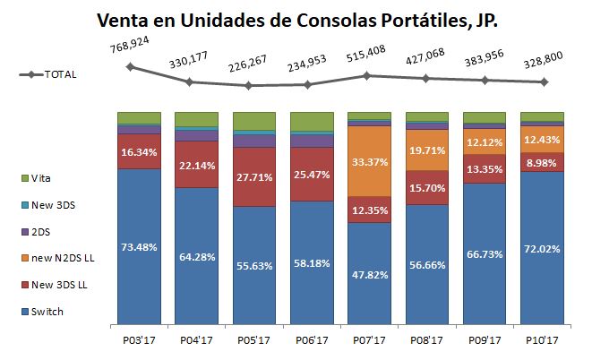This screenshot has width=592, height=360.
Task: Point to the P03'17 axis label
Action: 139,339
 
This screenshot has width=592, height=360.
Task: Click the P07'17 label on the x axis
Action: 369,339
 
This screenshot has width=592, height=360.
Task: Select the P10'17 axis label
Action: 542,339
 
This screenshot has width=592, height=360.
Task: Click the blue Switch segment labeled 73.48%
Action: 139,246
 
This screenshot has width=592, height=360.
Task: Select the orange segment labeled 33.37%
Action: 369,161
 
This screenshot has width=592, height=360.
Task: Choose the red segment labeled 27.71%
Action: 254,176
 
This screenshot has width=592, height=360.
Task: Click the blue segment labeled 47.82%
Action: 369,273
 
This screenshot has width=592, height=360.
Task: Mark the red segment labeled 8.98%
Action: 542,162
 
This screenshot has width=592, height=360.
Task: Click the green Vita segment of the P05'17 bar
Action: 254,121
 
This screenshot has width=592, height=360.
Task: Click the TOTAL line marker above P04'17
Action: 189,81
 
